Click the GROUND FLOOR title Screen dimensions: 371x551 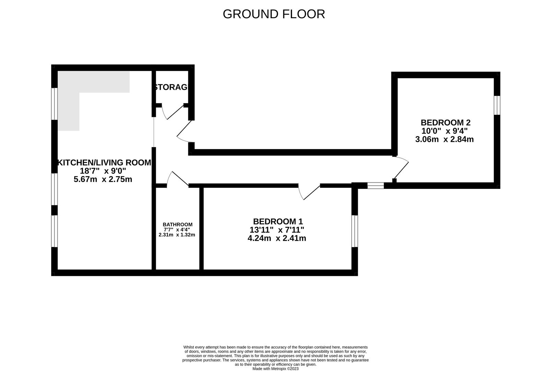point(274,14)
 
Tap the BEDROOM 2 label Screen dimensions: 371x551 point(445,123)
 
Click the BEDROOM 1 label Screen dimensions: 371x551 point(278,222)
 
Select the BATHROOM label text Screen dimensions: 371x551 point(177,225)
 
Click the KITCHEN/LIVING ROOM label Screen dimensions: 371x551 point(104,163)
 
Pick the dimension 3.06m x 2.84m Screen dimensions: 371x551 point(444,139)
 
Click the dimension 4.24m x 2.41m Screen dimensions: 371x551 point(277,238)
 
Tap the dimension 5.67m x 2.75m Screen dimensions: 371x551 point(103,179)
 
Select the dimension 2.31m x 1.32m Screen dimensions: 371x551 point(177,235)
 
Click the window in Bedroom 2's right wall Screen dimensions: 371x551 point(497,105)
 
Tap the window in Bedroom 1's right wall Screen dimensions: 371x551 point(355,231)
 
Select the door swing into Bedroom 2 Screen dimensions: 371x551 point(401,168)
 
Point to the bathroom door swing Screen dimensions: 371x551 point(176,179)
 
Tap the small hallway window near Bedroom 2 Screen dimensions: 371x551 point(375,186)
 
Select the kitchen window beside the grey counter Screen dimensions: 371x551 point(54,104)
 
